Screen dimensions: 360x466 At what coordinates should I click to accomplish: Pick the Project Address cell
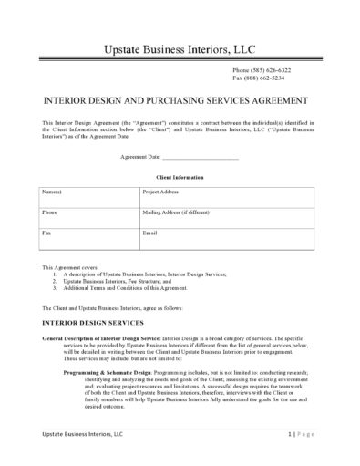(x=227, y=198)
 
